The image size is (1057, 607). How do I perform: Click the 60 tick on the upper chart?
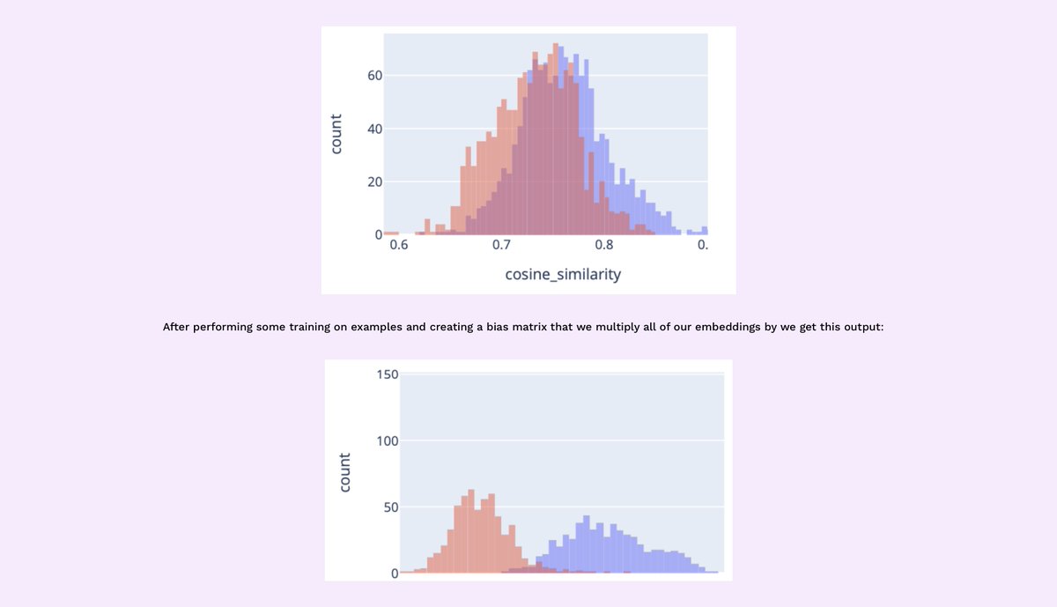click(x=374, y=76)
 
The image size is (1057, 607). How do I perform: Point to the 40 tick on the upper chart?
click(x=374, y=130)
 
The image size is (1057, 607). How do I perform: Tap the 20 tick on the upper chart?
click(x=374, y=182)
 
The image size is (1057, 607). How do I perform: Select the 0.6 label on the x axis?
click(x=399, y=244)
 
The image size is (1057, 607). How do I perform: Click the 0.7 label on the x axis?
click(x=501, y=244)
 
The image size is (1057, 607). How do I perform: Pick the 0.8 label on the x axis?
click(x=603, y=244)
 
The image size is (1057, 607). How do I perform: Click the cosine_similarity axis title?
click(x=563, y=274)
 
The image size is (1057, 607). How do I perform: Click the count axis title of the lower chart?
click(x=344, y=473)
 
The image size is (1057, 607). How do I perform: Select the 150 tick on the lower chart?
click(x=388, y=374)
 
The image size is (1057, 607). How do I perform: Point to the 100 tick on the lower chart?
click(x=388, y=440)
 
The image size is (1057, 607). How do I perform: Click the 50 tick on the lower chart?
click(x=391, y=507)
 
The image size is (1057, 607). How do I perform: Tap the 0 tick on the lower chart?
click(x=395, y=573)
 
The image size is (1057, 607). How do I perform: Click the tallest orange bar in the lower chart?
click(x=471, y=533)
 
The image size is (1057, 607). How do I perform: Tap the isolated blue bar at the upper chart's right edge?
click(x=704, y=231)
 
